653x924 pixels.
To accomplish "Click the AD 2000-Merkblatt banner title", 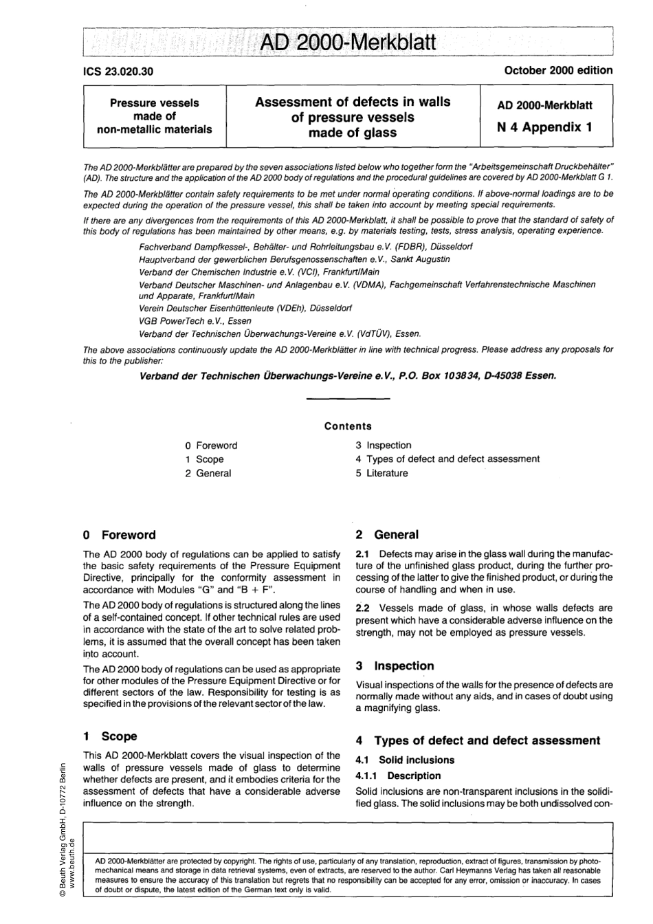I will [348, 43].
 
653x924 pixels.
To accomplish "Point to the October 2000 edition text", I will [558, 70].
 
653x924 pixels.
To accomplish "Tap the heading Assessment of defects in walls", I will [353, 102].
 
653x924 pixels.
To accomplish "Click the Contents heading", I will [348, 426].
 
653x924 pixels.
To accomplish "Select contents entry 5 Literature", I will [381, 473].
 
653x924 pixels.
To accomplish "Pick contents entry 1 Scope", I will [204, 459].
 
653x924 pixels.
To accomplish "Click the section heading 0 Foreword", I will [119, 535].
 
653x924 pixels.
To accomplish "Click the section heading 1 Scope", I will [110, 736].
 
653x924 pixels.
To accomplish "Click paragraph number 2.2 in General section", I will [362, 608].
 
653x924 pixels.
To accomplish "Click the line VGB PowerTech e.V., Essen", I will [195, 321].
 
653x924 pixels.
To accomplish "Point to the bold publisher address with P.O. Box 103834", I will [348, 375].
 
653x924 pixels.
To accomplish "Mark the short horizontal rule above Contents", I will [333, 399].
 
